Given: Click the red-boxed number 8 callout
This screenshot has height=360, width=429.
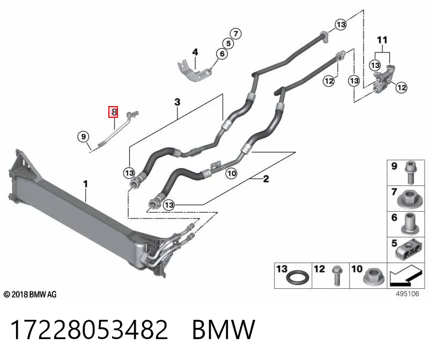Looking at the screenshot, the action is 113,112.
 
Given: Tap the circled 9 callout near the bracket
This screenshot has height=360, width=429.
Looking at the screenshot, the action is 84,137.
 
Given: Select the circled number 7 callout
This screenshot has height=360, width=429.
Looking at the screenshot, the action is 236,34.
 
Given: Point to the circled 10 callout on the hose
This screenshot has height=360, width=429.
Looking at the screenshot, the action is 232,173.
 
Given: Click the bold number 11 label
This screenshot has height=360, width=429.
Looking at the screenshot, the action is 382,40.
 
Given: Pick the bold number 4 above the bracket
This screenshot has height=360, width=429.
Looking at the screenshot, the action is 195,52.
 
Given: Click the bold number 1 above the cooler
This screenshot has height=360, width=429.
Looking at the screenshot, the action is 86,184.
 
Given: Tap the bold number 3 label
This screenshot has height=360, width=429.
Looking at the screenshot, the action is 177,102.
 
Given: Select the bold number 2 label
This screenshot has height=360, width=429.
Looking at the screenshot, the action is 265,179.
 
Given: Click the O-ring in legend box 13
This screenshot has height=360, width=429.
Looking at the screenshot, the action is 298,277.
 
